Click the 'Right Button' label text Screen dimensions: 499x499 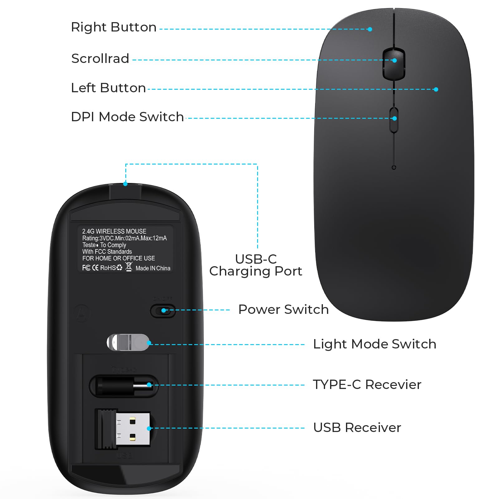click(x=113, y=27)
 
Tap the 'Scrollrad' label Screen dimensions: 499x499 click(x=100, y=59)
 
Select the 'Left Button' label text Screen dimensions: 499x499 click(x=108, y=88)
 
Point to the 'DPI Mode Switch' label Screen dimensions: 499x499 click(x=127, y=117)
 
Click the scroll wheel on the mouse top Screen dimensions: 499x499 click(x=394, y=64)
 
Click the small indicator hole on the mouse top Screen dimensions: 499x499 click(x=394, y=168)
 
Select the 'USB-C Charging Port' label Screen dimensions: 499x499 click(x=256, y=265)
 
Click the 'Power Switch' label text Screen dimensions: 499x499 click(x=283, y=309)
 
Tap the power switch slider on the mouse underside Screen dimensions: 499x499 click(x=163, y=311)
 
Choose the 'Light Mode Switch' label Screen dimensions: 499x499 click(x=374, y=344)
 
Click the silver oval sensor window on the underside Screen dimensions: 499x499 click(x=128, y=342)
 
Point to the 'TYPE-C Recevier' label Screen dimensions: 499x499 click(x=367, y=385)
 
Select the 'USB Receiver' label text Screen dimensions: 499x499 click(x=357, y=428)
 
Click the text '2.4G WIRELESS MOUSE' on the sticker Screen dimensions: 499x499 click(x=114, y=231)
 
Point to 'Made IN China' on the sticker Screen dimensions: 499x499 click(x=153, y=268)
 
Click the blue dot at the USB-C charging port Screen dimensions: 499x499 click(x=125, y=184)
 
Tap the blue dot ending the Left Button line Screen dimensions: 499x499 click(x=436, y=89)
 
